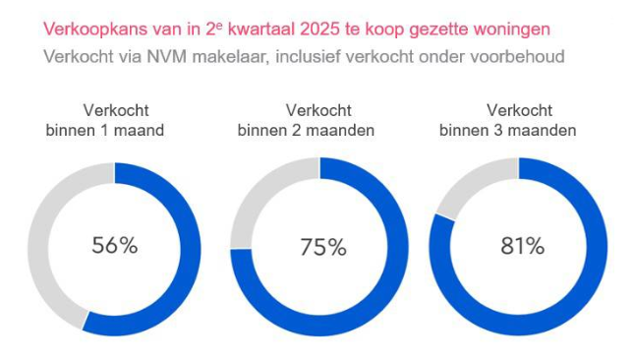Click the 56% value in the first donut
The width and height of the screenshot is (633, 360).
pyautogui.click(x=114, y=246)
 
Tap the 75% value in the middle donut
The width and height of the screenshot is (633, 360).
pyautogui.click(x=322, y=248)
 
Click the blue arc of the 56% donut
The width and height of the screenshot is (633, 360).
pyautogui.click(x=191, y=256)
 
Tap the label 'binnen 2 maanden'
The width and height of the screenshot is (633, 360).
pyautogui.click(x=319, y=129)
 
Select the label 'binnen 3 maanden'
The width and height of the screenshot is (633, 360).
pyautogui.click(x=521, y=129)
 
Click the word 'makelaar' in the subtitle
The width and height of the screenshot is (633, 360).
pyautogui.click(x=229, y=56)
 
